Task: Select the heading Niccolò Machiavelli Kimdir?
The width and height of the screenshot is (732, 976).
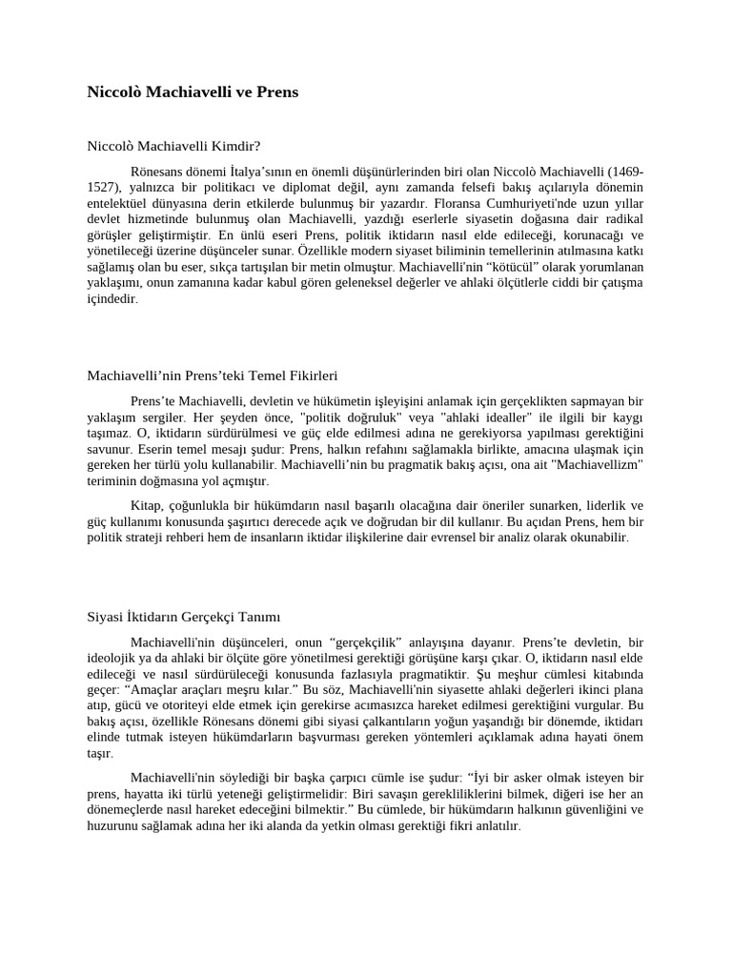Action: coord(173,146)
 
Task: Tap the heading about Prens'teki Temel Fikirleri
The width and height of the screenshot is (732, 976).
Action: coord(213,376)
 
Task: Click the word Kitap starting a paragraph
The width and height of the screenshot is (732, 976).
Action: coord(146,504)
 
